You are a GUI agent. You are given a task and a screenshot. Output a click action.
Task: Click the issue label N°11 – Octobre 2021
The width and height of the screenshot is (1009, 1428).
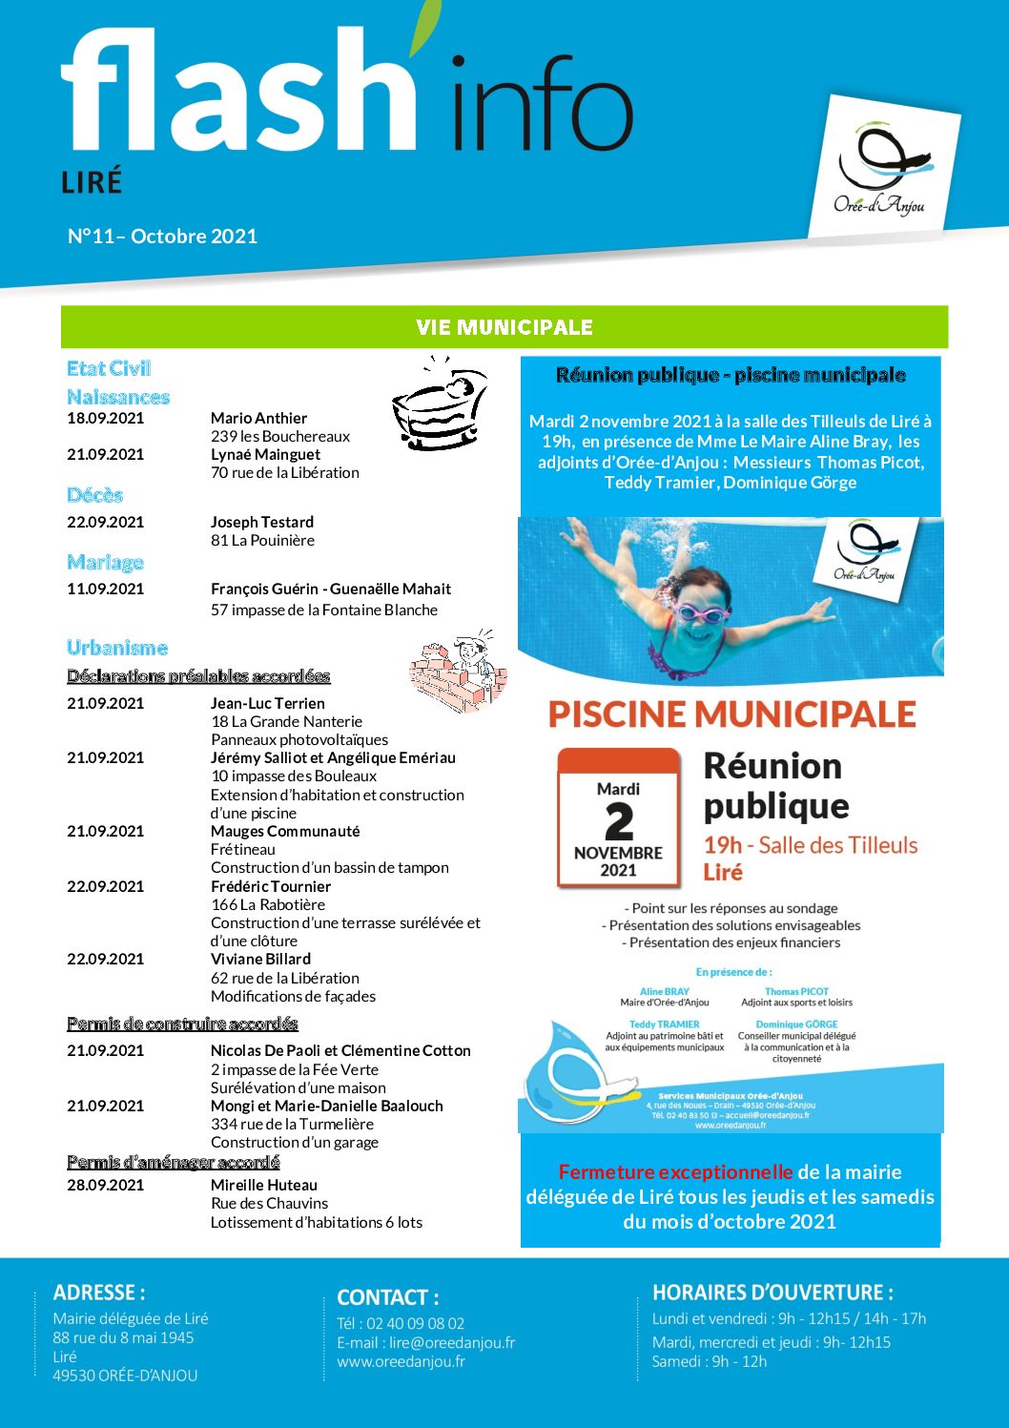click(x=162, y=237)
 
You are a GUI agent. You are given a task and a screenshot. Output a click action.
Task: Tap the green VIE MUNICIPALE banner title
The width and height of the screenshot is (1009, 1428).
click(x=504, y=327)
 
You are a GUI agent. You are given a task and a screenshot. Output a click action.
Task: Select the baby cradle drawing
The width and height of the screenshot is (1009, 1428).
click(x=439, y=403)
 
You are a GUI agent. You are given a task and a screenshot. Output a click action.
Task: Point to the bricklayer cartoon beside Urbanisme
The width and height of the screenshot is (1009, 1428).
click(x=459, y=669)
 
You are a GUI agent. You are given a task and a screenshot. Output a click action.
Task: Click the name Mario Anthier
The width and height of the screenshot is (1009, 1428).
click(x=258, y=418)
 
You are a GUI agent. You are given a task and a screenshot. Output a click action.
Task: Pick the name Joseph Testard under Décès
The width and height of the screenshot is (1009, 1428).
click(x=262, y=522)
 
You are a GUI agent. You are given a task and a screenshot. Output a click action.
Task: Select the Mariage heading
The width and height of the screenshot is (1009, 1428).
click(x=105, y=562)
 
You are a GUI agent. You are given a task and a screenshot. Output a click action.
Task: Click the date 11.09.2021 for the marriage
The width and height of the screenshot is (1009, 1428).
click(x=105, y=589)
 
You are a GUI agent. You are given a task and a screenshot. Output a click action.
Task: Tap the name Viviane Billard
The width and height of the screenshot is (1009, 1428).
click(x=260, y=959)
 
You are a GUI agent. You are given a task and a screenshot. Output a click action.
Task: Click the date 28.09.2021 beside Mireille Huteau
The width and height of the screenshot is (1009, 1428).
click(x=105, y=1185)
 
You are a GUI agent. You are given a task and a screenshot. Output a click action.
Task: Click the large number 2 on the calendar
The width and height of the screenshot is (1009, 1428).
click(x=619, y=821)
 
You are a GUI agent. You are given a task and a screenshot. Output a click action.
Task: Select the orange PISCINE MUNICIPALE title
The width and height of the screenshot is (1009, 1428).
click(x=731, y=714)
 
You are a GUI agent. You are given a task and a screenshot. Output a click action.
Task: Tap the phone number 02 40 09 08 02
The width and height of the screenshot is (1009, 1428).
click(x=415, y=1323)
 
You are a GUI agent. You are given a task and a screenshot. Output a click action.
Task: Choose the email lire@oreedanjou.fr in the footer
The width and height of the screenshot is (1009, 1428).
click(x=452, y=1342)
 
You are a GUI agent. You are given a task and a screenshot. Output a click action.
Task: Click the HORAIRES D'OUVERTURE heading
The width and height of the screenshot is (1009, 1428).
click(x=772, y=1293)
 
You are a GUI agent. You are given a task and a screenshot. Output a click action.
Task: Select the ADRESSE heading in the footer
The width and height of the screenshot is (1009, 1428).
click(x=99, y=1293)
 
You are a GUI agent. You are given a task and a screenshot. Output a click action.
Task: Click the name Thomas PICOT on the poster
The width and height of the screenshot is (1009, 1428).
click(x=796, y=991)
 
